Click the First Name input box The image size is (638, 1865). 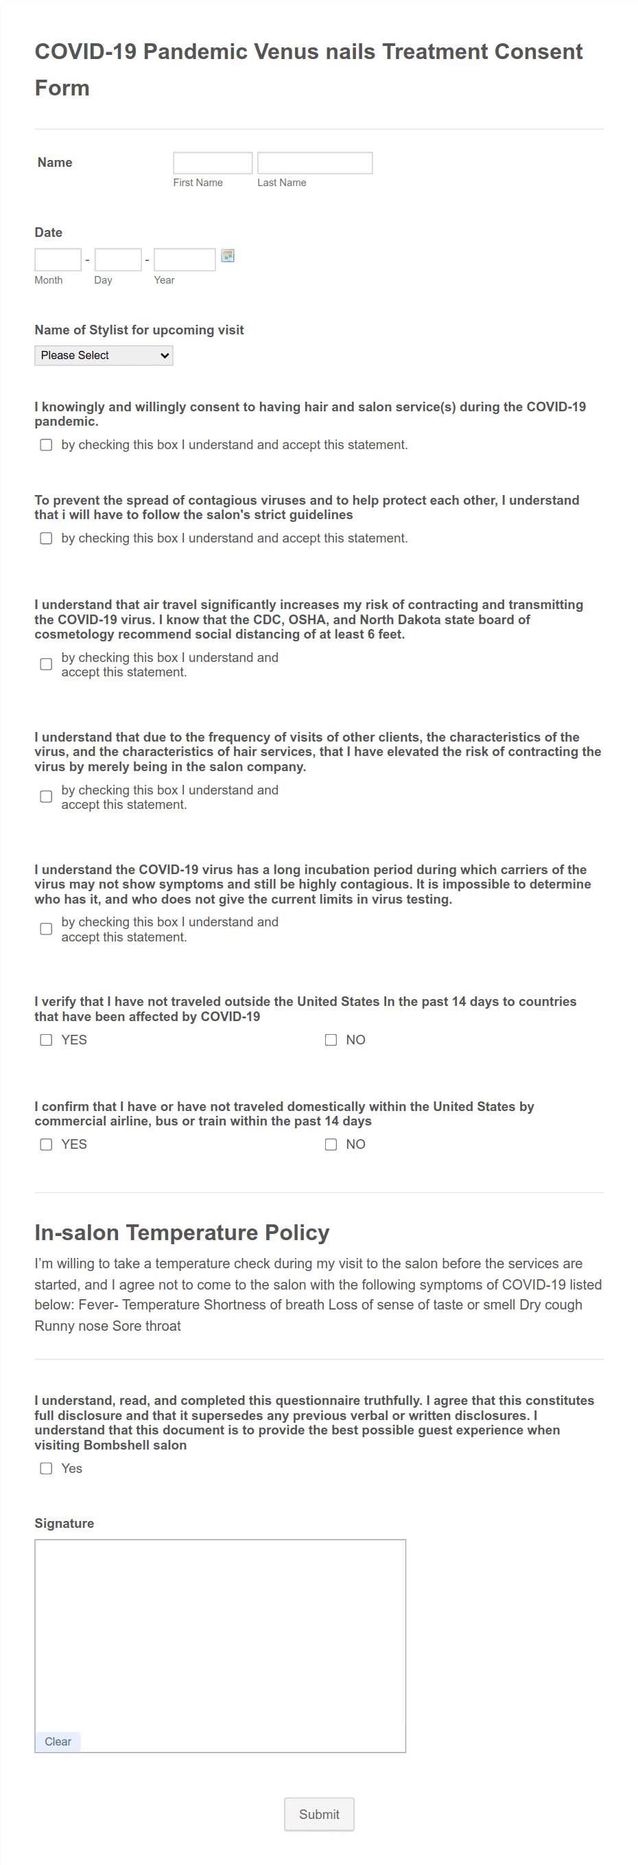213,163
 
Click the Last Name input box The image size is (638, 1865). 315,163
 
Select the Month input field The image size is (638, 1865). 58,259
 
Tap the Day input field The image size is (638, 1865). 118,259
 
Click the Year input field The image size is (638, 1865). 185,259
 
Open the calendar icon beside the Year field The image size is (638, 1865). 228,255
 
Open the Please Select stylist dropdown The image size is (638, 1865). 104,356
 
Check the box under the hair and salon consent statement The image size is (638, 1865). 46,444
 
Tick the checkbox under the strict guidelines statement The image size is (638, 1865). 46,538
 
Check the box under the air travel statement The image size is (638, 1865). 46,664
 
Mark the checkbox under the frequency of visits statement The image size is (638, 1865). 46,797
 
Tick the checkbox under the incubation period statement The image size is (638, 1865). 46,929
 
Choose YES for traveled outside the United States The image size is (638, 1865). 46,1040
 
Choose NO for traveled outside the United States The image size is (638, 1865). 331,1040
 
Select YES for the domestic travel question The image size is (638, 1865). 46,1144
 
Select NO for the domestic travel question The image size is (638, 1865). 331,1144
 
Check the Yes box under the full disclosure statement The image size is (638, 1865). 46,1468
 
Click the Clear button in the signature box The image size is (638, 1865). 58,1741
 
